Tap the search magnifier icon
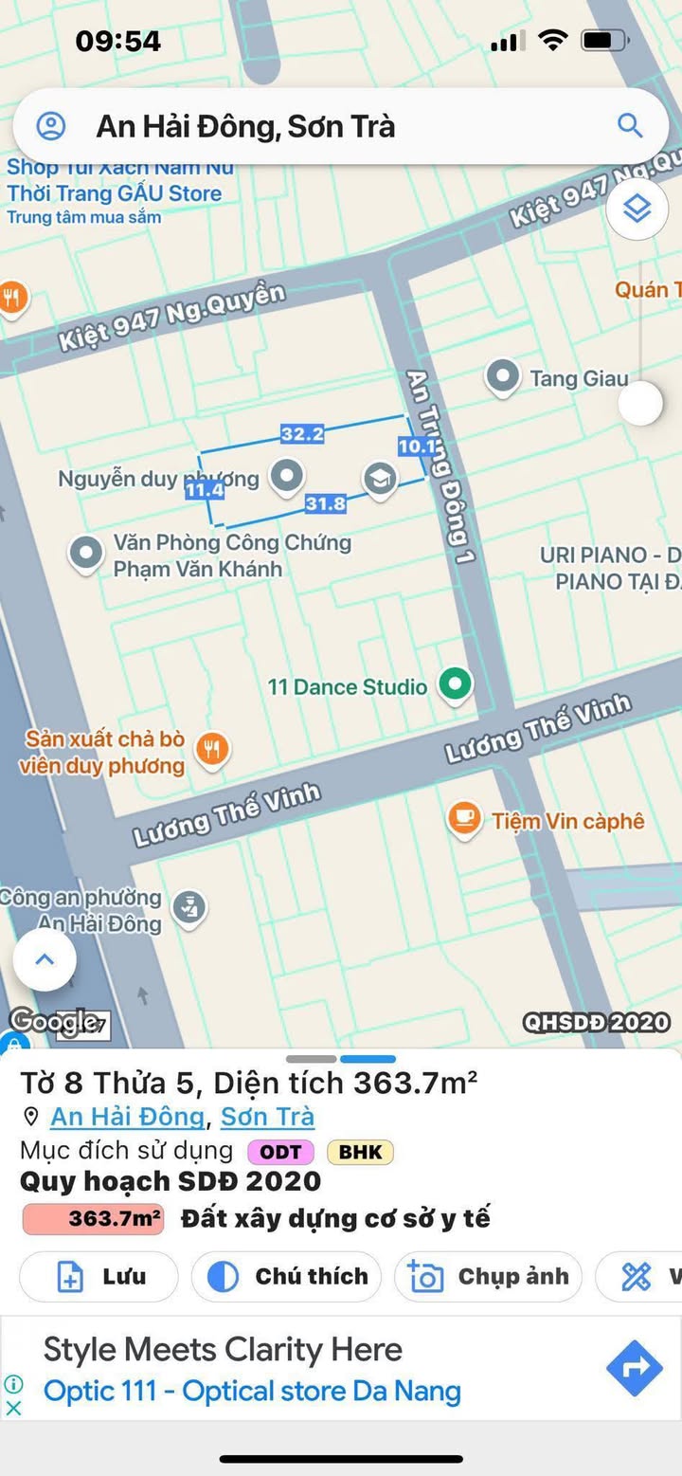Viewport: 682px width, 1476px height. coord(629,125)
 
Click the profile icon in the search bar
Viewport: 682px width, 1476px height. coord(51,126)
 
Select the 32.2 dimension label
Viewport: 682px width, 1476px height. coord(302,434)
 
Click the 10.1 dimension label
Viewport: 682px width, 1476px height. coord(417,446)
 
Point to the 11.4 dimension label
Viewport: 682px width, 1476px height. coord(204,490)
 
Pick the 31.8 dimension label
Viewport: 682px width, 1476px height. coord(325,504)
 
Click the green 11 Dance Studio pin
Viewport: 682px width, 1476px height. coord(456,684)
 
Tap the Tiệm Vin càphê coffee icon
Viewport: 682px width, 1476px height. coord(464,820)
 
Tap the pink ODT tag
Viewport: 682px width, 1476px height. coord(281,1152)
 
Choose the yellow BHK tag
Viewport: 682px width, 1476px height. coord(360,1152)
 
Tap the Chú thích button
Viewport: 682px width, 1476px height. coord(286,1277)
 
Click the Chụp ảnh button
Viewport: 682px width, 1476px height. coord(489,1277)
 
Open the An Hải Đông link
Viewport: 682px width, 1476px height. coord(127,1117)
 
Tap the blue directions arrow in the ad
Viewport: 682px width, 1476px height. coord(634,1368)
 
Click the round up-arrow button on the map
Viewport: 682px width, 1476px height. coord(45,959)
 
